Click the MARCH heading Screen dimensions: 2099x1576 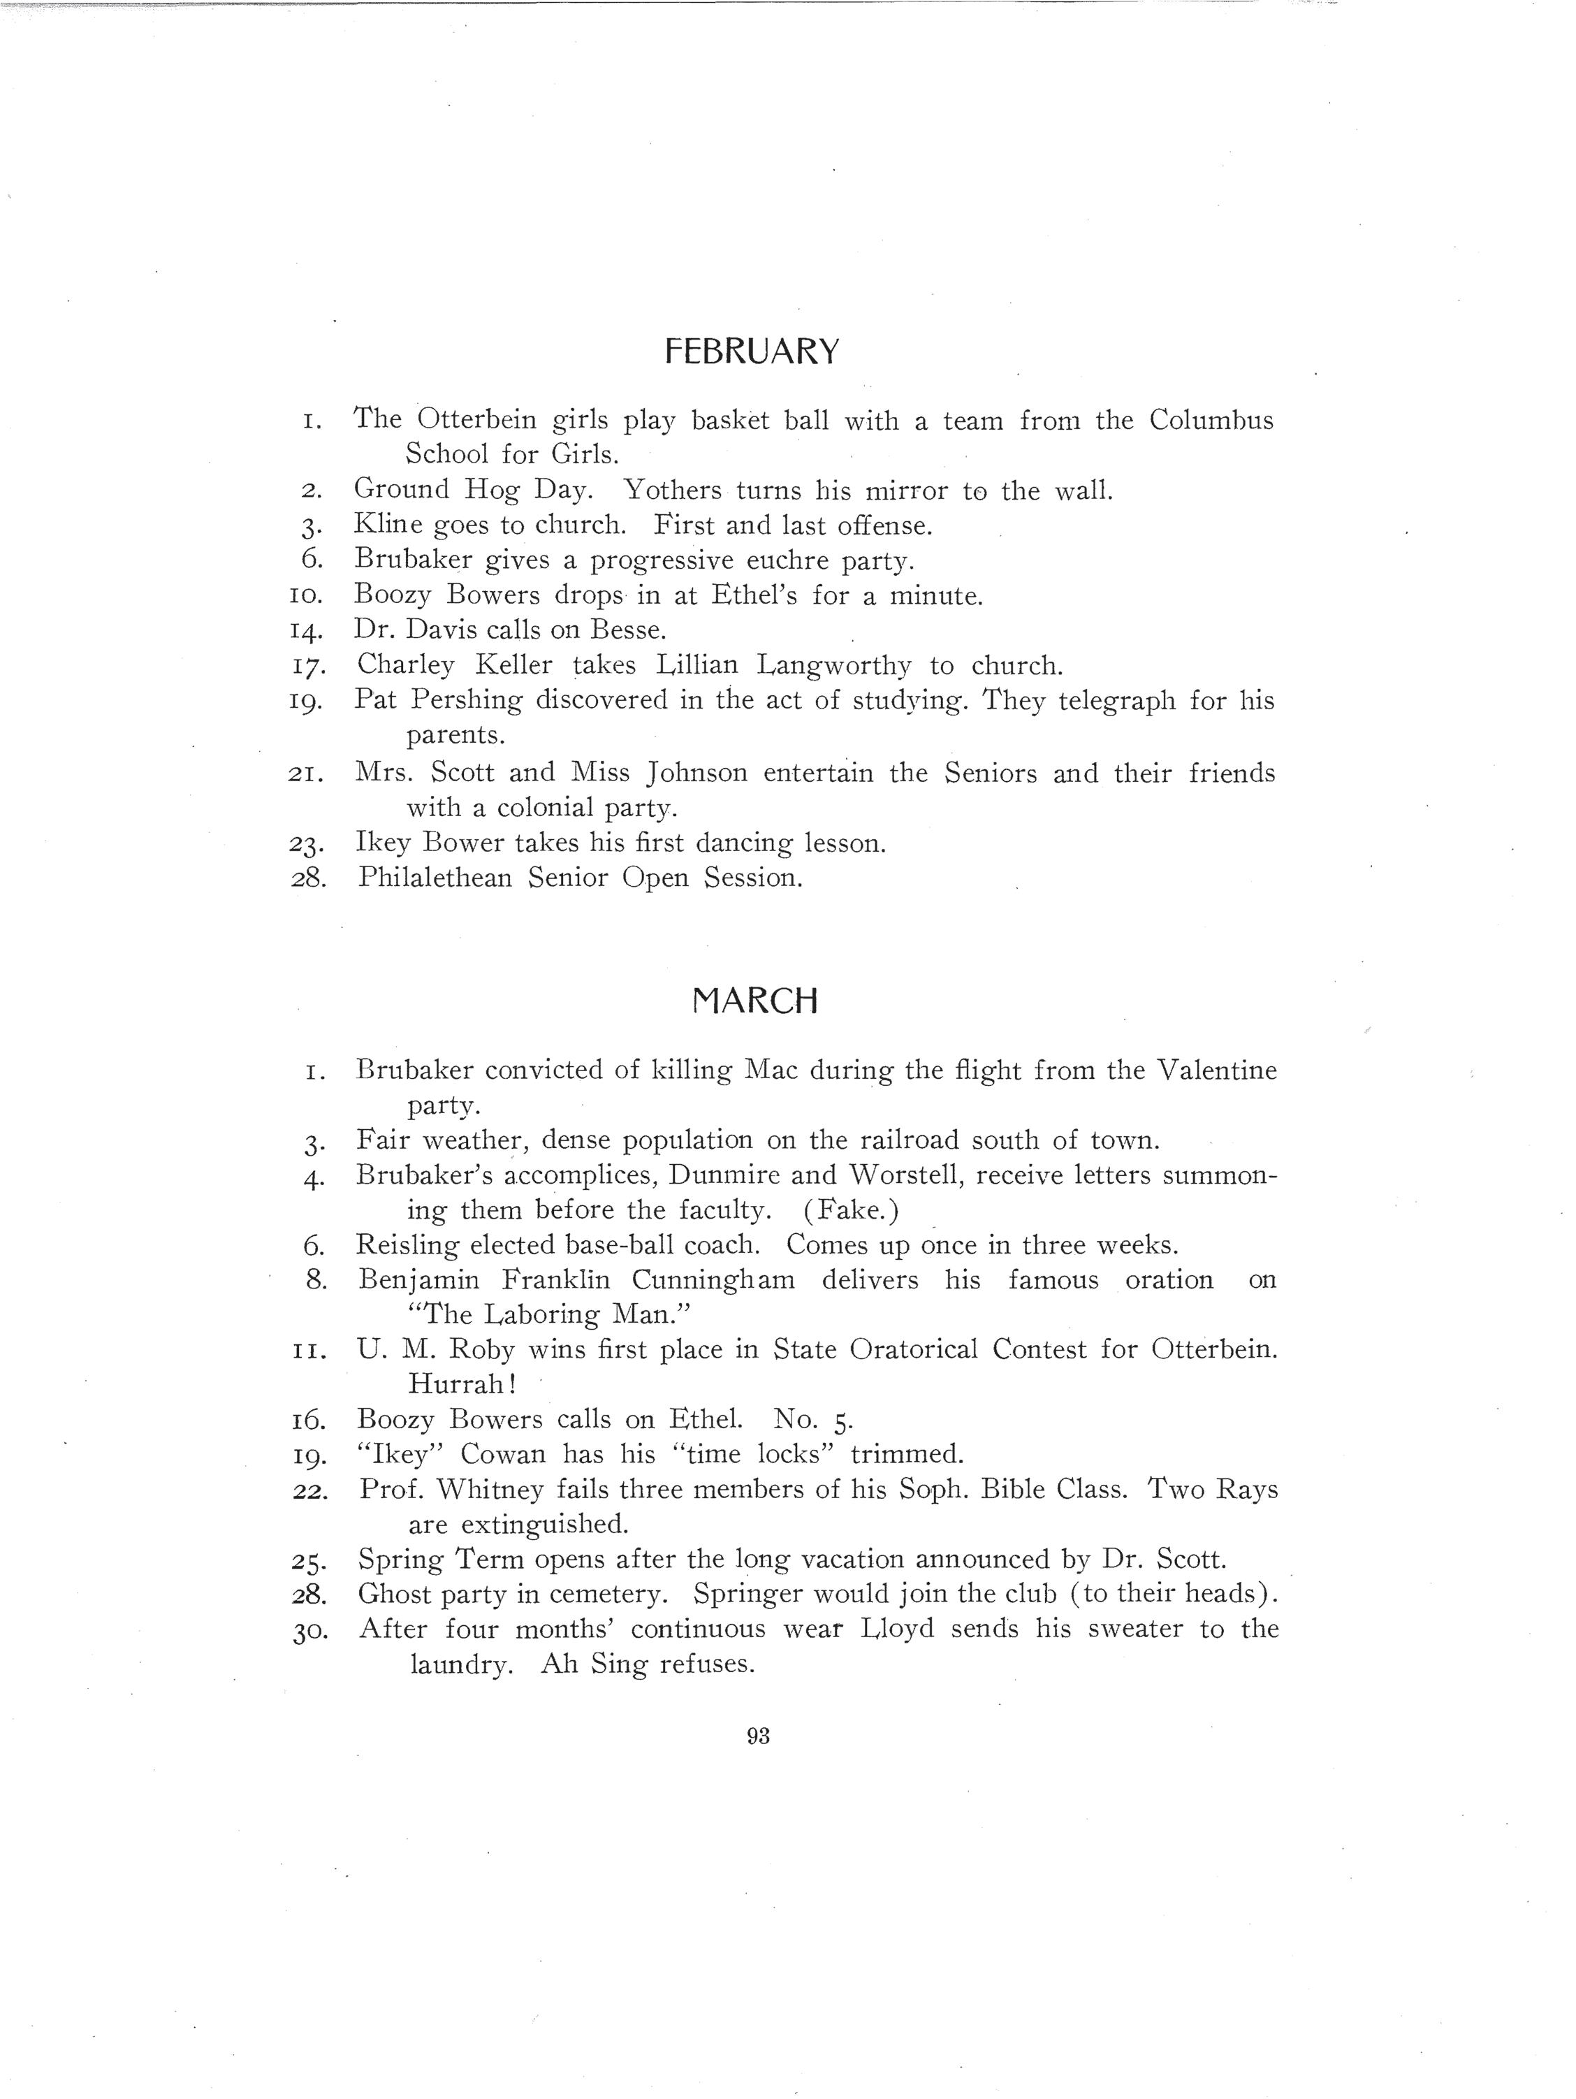pos(755,1001)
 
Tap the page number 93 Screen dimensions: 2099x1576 pos(758,1736)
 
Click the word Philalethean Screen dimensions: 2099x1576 pos(435,878)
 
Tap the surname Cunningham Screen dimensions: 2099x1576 pos(713,1280)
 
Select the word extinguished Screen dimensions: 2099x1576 pos(545,1525)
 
